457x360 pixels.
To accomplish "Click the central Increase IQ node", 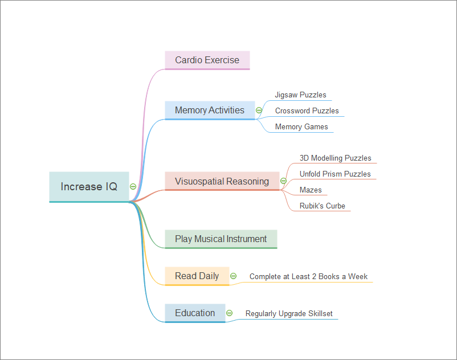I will [x=89, y=187].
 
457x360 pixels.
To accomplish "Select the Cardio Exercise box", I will [x=207, y=60].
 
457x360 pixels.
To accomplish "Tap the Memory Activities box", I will [x=210, y=110].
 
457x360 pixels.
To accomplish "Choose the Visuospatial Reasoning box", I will [x=222, y=181].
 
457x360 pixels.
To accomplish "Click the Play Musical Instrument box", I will [x=221, y=239].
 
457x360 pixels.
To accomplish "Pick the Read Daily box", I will [x=197, y=276].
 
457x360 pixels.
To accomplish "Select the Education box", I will [x=195, y=313].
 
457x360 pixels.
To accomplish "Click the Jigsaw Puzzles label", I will [x=300, y=95].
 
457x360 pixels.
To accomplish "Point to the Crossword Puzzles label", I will [x=307, y=111].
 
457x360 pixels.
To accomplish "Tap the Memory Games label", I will [x=301, y=126].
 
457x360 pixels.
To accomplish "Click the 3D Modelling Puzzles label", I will [x=335, y=158].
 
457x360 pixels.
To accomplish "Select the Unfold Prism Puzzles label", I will [x=335, y=174].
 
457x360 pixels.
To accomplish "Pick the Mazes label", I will [x=311, y=190].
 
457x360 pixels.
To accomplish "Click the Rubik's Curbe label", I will [x=323, y=206].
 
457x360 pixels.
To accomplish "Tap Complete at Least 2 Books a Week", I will [x=308, y=277].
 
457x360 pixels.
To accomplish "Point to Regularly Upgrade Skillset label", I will [x=289, y=313].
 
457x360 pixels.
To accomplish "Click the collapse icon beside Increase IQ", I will [x=133, y=186].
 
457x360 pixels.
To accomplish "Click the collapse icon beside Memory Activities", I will [x=259, y=111].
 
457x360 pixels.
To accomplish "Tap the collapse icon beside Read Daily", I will [x=233, y=276].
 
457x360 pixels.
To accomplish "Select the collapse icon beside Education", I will [x=229, y=313].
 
